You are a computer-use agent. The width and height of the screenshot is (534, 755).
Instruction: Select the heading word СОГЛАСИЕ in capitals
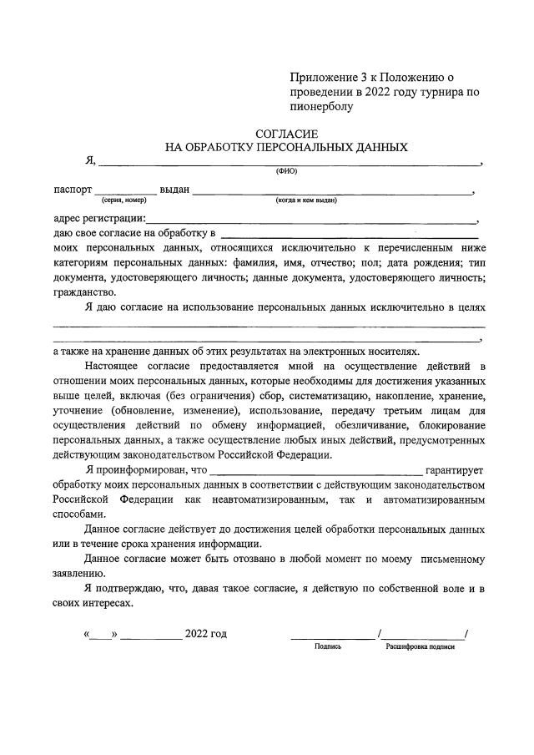pos(286,134)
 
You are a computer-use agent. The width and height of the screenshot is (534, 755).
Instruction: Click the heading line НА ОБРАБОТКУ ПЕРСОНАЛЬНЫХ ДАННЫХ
pos(286,147)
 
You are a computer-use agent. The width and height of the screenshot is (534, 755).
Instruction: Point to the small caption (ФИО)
pos(286,171)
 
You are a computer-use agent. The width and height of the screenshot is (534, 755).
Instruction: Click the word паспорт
pos(73,190)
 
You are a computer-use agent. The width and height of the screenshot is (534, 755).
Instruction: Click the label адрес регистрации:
pos(98,220)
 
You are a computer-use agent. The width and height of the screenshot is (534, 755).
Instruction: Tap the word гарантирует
pos(454,470)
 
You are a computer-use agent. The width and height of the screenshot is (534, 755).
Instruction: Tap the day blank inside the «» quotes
pos(101,634)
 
